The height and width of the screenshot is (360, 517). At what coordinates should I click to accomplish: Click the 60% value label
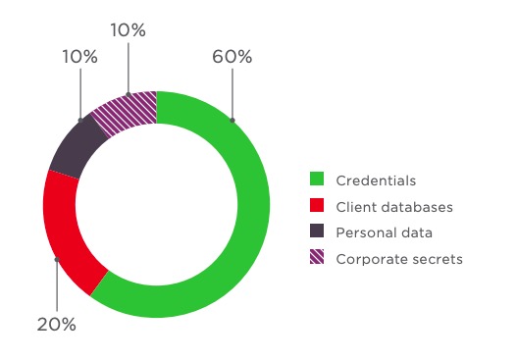point(233,57)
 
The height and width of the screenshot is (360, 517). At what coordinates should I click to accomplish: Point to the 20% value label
point(57,325)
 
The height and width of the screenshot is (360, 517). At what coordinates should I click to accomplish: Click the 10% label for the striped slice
point(128,30)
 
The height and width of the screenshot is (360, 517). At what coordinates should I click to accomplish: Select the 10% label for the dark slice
point(80,57)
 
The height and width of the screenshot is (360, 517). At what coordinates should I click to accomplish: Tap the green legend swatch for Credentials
point(317,179)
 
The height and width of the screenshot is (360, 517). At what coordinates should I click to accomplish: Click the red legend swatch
point(317,205)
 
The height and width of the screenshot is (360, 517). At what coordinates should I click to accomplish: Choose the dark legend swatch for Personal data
point(317,231)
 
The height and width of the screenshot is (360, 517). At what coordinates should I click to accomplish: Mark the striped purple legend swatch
point(317,257)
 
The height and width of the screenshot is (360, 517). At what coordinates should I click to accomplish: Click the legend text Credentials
point(376,180)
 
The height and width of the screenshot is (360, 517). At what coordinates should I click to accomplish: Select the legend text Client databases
point(394,207)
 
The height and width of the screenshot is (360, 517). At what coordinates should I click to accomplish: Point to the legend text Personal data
point(385,232)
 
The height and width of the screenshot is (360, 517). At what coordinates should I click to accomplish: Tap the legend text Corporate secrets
point(399,259)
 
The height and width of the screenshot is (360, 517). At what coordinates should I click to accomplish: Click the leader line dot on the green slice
point(233,121)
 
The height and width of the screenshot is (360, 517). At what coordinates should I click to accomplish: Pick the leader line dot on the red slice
point(57,259)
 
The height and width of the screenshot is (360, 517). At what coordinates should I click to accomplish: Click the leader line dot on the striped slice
point(129,94)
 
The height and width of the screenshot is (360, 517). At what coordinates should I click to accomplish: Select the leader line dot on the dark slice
point(80,121)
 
